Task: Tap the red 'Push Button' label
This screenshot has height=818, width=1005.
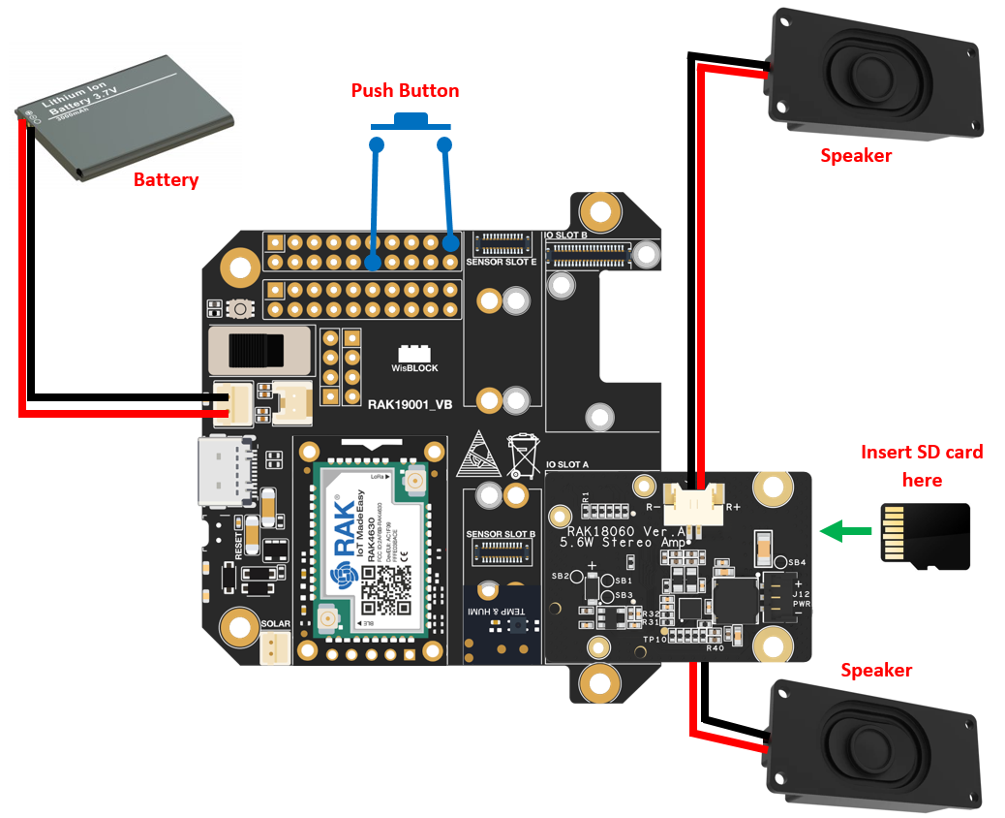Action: (405, 91)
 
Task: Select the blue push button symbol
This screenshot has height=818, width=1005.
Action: (411, 121)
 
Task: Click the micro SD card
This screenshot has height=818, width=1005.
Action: (925, 536)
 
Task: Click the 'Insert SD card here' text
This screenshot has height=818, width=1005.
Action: (921, 465)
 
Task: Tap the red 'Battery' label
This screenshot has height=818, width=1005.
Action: (166, 179)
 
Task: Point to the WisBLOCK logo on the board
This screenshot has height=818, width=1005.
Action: (414, 360)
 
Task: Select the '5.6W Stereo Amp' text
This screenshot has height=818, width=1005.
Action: (624, 542)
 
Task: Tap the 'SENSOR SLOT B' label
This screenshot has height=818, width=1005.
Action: (501, 534)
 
